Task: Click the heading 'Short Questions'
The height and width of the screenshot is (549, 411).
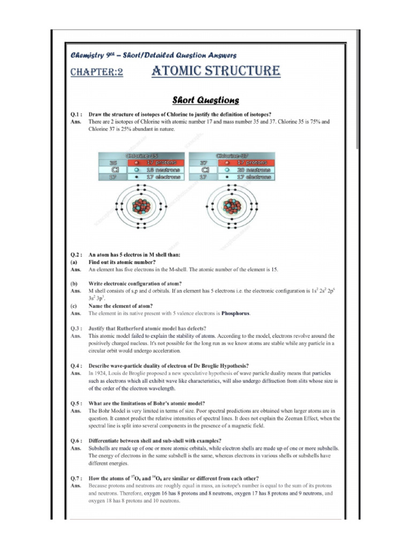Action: pyautogui.click(x=205, y=100)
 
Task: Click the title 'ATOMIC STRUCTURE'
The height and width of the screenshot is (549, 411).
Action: pyautogui.click(x=215, y=71)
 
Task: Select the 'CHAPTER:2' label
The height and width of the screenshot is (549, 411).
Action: pyautogui.click(x=97, y=72)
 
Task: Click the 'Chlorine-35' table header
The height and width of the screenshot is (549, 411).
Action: pyautogui.click(x=141, y=155)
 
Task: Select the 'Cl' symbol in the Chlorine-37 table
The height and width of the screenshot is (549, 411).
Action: pyautogui.click(x=204, y=169)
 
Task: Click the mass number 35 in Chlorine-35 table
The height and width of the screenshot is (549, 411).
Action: pyautogui.click(x=113, y=162)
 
